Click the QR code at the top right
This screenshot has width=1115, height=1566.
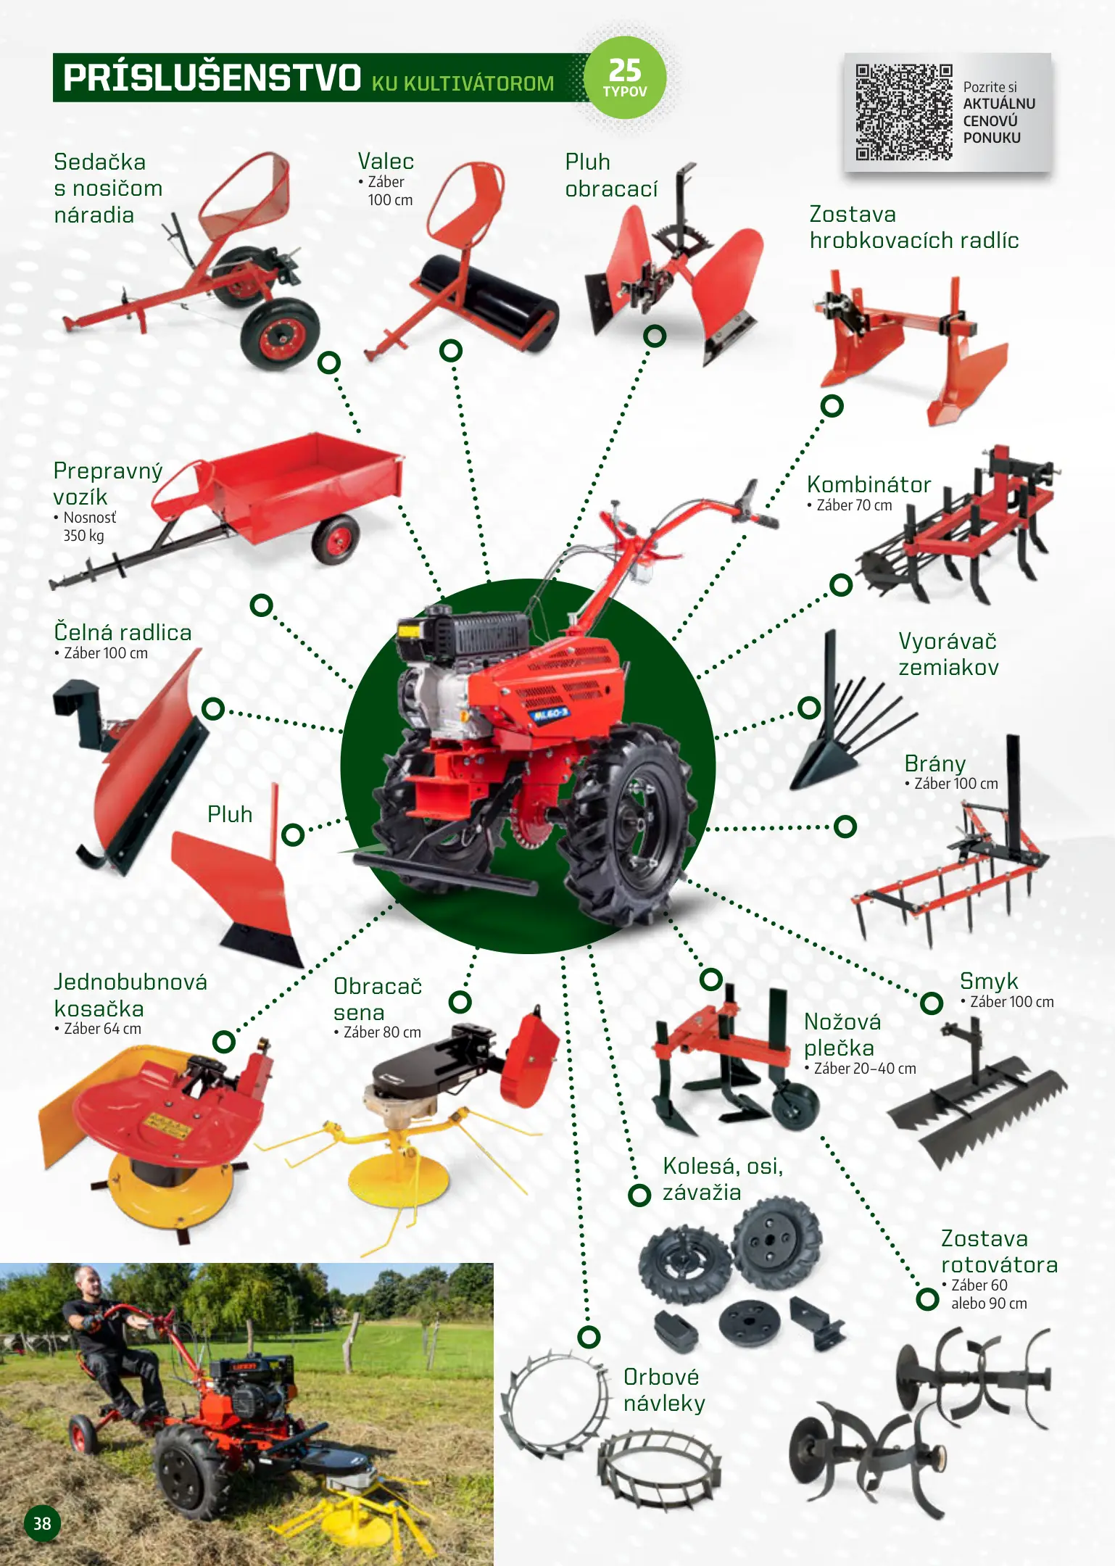pyautogui.click(x=903, y=112)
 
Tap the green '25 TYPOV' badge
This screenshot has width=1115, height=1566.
pyautogui.click(x=625, y=77)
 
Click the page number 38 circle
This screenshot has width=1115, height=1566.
pyautogui.click(x=42, y=1523)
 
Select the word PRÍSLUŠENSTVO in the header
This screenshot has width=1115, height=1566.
pyautogui.click(x=212, y=78)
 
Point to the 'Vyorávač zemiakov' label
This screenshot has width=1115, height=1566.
pyautogui.click(x=948, y=654)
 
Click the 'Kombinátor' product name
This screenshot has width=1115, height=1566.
pyautogui.click(x=869, y=484)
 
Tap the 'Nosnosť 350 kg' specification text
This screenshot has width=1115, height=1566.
pyautogui.click(x=85, y=526)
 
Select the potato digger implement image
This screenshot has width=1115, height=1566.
pyautogui.click(x=845, y=714)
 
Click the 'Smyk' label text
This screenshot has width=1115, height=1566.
pyautogui.click(x=989, y=981)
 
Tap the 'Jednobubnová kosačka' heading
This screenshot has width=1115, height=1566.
pyautogui.click(x=130, y=995)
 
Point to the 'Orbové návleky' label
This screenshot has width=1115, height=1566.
pyautogui.click(x=664, y=1390)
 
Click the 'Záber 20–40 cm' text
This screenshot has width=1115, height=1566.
pyautogui.click(x=861, y=1069)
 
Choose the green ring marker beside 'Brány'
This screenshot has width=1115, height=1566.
pyautogui.click(x=845, y=826)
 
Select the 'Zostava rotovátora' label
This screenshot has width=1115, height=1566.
pyautogui.click(x=999, y=1251)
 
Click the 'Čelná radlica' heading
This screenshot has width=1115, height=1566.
pyautogui.click(x=123, y=632)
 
